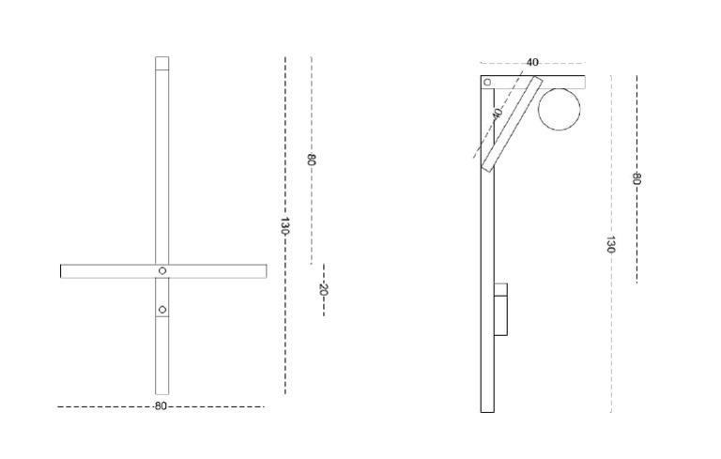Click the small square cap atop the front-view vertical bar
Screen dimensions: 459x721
(162, 64)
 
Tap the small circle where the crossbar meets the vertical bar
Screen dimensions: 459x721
(162, 270)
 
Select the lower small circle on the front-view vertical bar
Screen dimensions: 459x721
(162, 310)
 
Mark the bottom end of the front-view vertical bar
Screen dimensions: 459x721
(162, 390)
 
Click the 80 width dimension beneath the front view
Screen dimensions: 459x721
(161, 406)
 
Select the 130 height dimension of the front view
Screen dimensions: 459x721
(284, 226)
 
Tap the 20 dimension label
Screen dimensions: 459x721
(323, 290)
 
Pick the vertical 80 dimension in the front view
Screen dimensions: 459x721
(311, 160)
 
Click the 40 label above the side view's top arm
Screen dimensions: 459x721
(532, 63)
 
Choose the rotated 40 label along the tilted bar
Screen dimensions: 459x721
(498, 114)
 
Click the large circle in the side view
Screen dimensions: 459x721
(560, 109)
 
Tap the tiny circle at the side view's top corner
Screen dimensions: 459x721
(487, 82)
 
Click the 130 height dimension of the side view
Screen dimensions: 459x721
(610, 245)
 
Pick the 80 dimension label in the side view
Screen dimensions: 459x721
(637, 178)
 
